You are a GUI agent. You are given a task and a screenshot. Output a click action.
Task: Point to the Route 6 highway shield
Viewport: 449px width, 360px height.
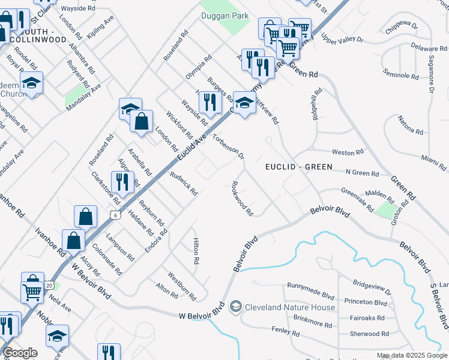tap(115, 215)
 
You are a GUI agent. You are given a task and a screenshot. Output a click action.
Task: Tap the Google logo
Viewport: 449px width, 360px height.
tap(20, 353)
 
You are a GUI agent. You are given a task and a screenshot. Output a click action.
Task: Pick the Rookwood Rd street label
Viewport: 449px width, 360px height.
tap(243, 198)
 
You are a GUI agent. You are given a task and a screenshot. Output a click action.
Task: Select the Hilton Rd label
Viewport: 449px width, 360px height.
tap(196, 251)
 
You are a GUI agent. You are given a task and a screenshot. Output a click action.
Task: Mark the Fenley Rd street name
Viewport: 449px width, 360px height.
tap(285, 331)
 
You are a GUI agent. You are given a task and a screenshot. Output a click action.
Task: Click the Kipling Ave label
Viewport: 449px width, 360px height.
tap(100, 28)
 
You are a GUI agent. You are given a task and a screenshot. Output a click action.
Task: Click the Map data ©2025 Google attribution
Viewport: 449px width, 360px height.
tap(412, 355)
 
